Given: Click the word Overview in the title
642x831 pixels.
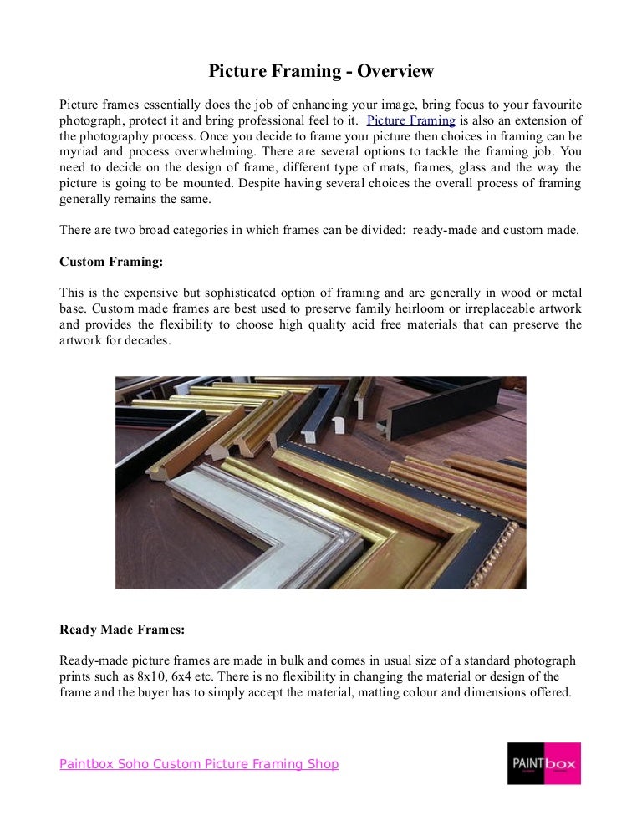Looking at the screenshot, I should pyautogui.click(x=395, y=71).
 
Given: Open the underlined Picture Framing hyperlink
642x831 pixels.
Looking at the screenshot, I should pyautogui.click(x=410, y=120).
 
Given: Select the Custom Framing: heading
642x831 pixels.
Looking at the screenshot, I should pyautogui.click(x=111, y=262).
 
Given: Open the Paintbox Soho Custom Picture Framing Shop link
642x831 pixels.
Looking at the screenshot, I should pyautogui.click(x=199, y=764).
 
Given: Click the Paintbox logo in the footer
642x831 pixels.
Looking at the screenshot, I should pyautogui.click(x=543, y=763).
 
